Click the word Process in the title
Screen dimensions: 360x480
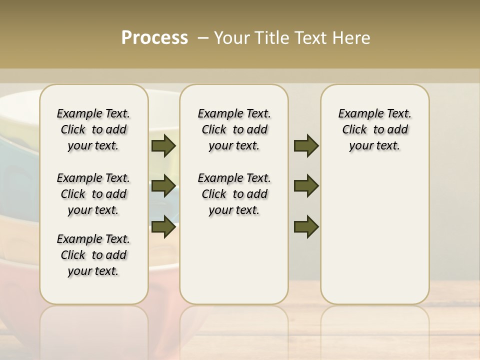tap(154, 38)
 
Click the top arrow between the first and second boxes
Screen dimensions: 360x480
tap(163, 145)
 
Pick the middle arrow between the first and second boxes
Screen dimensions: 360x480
tap(163, 186)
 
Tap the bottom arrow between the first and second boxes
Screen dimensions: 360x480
tap(163, 226)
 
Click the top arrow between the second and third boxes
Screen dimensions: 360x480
tap(306, 145)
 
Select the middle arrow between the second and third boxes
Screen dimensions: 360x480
tap(306, 186)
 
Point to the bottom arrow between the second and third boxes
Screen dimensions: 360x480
tap(306, 226)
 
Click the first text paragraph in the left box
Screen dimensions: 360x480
tap(93, 129)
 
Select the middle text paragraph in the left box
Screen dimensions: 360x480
tap(93, 194)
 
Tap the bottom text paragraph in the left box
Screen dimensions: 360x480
tap(93, 255)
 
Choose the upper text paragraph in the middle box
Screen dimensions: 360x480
tap(234, 129)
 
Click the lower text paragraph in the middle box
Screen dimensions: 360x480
tap(234, 194)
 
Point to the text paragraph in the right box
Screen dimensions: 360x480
tap(374, 129)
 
